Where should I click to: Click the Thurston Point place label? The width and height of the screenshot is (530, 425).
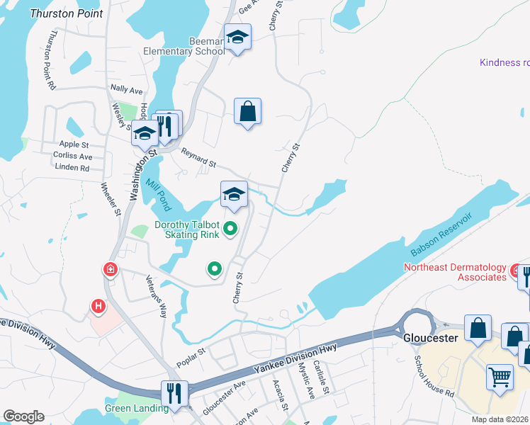pyautogui.click(x=66, y=13)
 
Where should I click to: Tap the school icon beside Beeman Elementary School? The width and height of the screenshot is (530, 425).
pyautogui.click(x=238, y=38)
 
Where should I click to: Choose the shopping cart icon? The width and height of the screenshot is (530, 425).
pyautogui.click(x=500, y=376)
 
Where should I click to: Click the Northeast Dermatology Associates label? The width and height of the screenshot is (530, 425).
pyautogui.click(x=455, y=272)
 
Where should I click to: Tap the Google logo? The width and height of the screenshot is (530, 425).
pyautogui.click(x=23, y=416)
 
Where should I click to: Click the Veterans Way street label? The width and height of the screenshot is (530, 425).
pyautogui.click(x=157, y=295)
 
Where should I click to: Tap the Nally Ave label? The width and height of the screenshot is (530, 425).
pyautogui.click(x=127, y=91)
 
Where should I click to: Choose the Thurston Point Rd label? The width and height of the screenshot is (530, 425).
pyautogui.click(x=49, y=64)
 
